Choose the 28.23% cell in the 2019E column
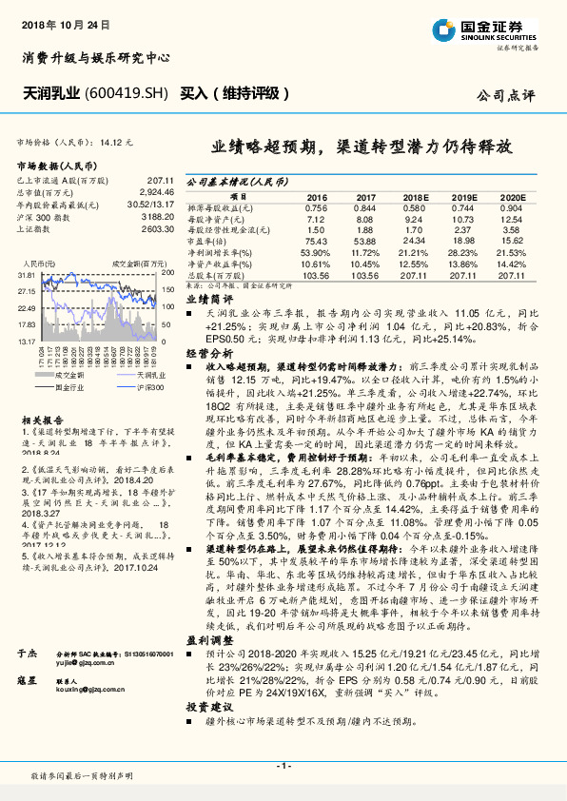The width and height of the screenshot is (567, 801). point(462,252)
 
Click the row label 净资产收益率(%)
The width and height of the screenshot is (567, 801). point(220,264)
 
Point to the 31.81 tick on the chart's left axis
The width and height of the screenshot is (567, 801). point(27,274)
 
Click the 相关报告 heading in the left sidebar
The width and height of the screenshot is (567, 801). point(42,418)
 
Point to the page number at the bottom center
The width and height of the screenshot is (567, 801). point(283,767)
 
